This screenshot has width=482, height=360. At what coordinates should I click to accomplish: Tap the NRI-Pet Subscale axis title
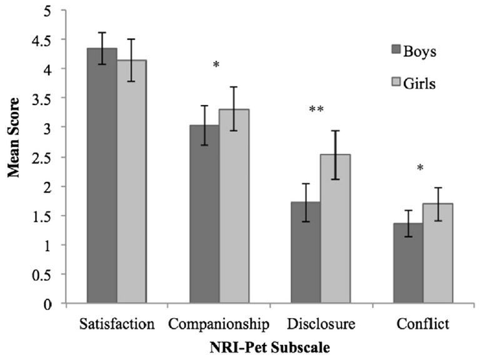[269, 346]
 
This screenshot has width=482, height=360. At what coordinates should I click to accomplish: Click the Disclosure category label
[321, 324]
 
